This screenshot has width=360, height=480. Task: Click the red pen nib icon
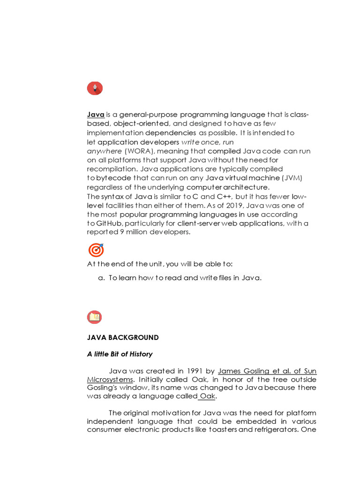pyautogui.click(x=95, y=88)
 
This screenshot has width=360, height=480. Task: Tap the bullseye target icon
pyautogui.click(x=95, y=250)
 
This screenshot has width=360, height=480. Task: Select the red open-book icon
pyautogui.click(x=94, y=317)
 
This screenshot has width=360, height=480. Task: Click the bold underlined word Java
pyautogui.click(x=96, y=115)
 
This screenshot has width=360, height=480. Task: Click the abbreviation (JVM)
pyautogui.click(x=293, y=178)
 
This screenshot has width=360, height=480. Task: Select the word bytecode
pyautogui.click(x=113, y=178)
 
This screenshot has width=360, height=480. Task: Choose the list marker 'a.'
pyautogui.click(x=101, y=278)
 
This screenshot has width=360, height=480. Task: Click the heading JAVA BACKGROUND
pyautogui.click(x=123, y=337)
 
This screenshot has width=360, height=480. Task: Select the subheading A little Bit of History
pyautogui.click(x=120, y=354)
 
